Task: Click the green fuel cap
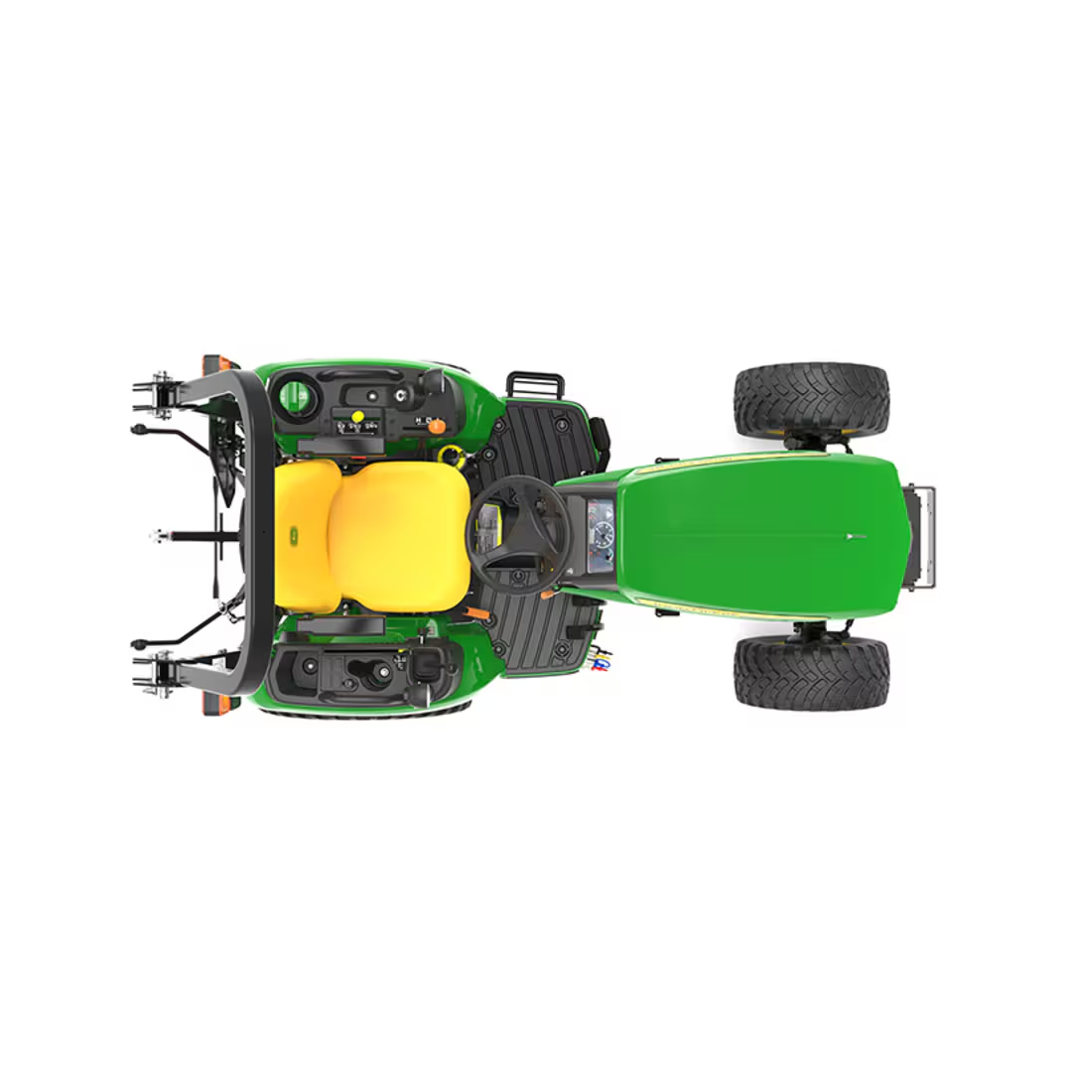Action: (295, 398)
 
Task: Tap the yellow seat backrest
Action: (306, 536)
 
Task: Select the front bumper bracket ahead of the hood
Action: (920, 536)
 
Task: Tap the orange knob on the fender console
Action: (436, 426)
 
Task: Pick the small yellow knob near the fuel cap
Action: (357, 417)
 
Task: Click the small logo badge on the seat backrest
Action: (294, 536)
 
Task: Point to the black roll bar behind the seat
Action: (260, 536)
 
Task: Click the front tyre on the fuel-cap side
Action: (811, 400)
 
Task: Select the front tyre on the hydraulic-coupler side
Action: (811, 672)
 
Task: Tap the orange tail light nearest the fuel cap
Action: (216, 363)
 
